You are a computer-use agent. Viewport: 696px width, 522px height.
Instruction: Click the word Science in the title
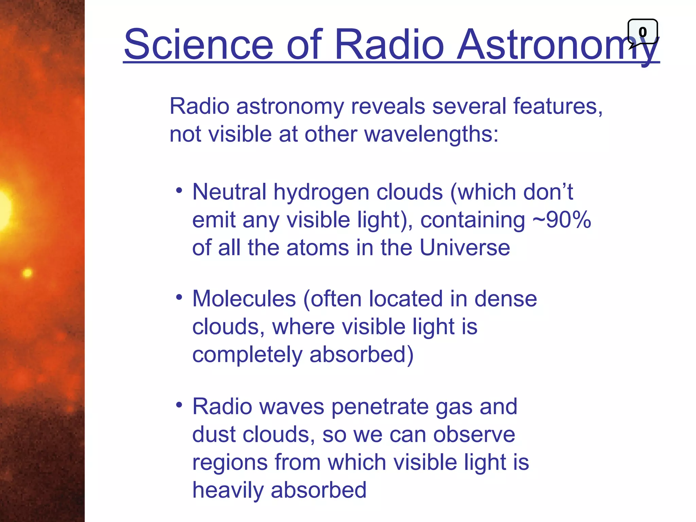pyautogui.click(x=199, y=45)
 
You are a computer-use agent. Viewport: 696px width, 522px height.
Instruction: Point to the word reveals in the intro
pyautogui.click(x=388, y=106)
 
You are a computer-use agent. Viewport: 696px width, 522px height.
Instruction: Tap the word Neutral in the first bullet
pyautogui.click(x=229, y=192)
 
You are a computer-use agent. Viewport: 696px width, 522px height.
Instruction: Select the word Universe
pyautogui.click(x=465, y=247)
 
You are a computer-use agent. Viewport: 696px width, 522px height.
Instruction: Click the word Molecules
pyautogui.click(x=244, y=299)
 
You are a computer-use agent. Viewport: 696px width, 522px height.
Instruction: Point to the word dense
pyautogui.click(x=505, y=299)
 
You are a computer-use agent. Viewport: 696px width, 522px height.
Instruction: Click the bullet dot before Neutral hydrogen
pyautogui.click(x=179, y=190)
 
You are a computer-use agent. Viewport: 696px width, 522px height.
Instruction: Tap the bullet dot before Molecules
pyautogui.click(x=179, y=297)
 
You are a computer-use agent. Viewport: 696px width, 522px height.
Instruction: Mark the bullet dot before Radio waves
pyautogui.click(x=179, y=405)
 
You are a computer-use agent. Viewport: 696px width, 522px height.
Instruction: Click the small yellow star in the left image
pyautogui.click(x=27, y=273)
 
